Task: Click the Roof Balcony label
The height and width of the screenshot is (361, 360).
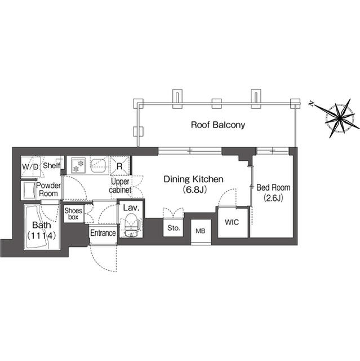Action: pyautogui.click(x=217, y=125)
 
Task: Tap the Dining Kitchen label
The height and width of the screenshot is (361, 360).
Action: pyautogui.click(x=194, y=179)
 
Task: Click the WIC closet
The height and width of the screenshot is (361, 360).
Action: pyautogui.click(x=233, y=222)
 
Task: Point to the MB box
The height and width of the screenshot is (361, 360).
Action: pyautogui.click(x=200, y=231)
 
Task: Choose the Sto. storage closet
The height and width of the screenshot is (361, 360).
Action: pyautogui.click(x=172, y=228)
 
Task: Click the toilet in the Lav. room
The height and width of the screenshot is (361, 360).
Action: pyautogui.click(x=132, y=228)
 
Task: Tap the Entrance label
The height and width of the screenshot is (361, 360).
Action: pyautogui.click(x=103, y=233)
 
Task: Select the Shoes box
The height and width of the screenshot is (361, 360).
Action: pyautogui.click(x=74, y=214)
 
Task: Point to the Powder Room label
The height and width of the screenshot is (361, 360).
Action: pyautogui.click(x=48, y=189)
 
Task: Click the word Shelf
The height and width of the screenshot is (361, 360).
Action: pyautogui.click(x=51, y=165)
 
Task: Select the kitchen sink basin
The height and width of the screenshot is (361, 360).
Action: pyautogui.click(x=100, y=165)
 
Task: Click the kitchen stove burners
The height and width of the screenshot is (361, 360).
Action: pyautogui.click(x=78, y=165)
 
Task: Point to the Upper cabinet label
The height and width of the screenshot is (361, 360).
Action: pyautogui.click(x=120, y=186)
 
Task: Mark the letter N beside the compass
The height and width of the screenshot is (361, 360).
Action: pyautogui.click(x=311, y=103)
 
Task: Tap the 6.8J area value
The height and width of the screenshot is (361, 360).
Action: pyautogui.click(x=194, y=190)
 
